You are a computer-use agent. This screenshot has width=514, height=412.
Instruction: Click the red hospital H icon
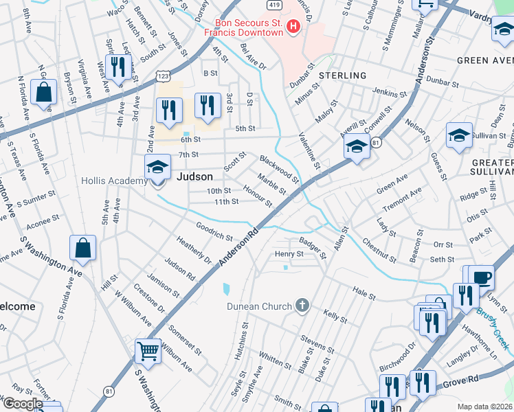pyautogui.click(x=294, y=27)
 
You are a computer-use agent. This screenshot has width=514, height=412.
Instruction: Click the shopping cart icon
pyautogui.click(x=148, y=351)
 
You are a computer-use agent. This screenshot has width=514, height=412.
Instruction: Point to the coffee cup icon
pyautogui.click(x=482, y=278)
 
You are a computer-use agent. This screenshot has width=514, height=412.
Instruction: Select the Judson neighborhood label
pyautogui.click(x=195, y=176)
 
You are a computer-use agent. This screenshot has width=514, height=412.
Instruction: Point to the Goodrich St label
pyautogui.click(x=214, y=231)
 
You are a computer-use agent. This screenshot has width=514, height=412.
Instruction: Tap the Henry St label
pyautogui.click(x=289, y=254)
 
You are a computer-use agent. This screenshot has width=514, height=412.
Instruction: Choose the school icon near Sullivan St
pyautogui.click(x=459, y=135)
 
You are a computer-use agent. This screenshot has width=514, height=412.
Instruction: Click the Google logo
pyautogui.click(x=23, y=404)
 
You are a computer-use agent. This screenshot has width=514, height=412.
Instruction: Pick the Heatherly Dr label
pyautogui.click(x=194, y=251)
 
